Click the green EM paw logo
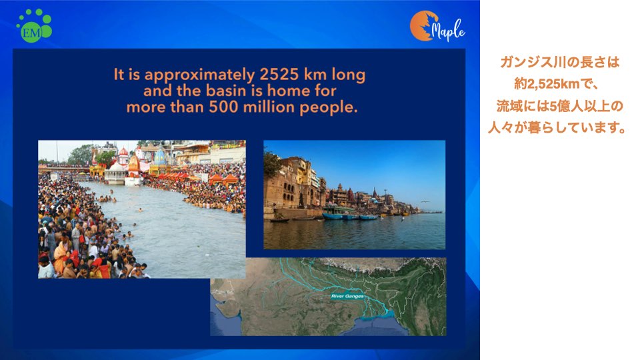click(x=34, y=26)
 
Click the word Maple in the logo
click(x=448, y=30)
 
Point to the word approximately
click(x=199, y=75)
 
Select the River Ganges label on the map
click(x=347, y=296)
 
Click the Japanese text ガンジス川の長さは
click(x=559, y=63)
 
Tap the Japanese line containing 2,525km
click(x=556, y=84)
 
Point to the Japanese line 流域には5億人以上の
click(x=559, y=106)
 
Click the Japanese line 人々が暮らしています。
click(x=557, y=128)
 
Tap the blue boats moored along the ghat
click(x=351, y=216)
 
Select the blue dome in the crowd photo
click(x=160, y=157)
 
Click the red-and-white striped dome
click(x=123, y=154)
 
